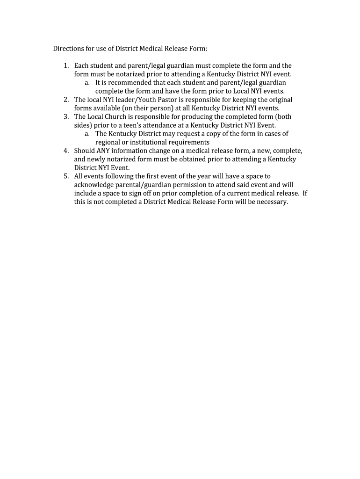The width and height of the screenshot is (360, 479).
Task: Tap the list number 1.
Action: pyautogui.click(x=66, y=65)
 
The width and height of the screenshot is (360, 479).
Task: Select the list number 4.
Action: pyautogui.click(x=66, y=151)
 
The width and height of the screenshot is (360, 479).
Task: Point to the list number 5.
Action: pyautogui.click(x=66, y=176)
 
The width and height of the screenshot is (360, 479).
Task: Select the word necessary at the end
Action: pyautogui.click(x=271, y=202)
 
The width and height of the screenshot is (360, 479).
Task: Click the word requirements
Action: pyautogui.click(x=189, y=142)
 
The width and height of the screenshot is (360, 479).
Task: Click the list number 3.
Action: pyautogui.click(x=66, y=116)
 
